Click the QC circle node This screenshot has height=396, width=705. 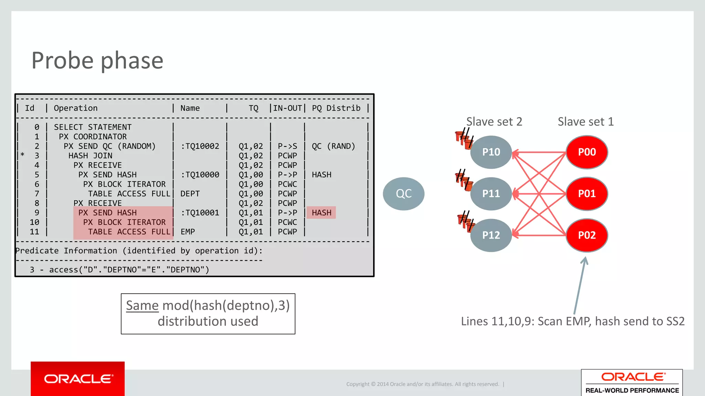tap(403, 194)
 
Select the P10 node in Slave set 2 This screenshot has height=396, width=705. tap(491, 152)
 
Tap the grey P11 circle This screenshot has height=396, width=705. tap(491, 194)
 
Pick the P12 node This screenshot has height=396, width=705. tap(491, 235)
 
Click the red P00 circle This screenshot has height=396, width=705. tap(587, 152)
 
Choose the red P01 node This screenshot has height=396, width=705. tap(587, 194)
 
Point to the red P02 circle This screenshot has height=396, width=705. tap(587, 235)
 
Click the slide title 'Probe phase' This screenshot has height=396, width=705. tap(97, 60)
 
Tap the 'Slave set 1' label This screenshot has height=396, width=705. tap(586, 122)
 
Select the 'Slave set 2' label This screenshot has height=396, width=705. tap(494, 122)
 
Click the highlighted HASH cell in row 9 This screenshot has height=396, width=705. tap(322, 213)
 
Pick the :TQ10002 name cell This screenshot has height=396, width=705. tap(200, 146)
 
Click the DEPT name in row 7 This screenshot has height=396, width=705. tap(190, 194)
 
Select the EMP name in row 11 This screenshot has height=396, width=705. tap(188, 232)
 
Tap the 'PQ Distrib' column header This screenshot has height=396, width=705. tap(336, 108)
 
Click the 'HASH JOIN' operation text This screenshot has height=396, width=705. tap(90, 156)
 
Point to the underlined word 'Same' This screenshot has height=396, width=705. tap(142, 306)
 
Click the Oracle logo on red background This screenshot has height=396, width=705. tap(78, 379)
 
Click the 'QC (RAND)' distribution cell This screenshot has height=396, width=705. tap(333, 146)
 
